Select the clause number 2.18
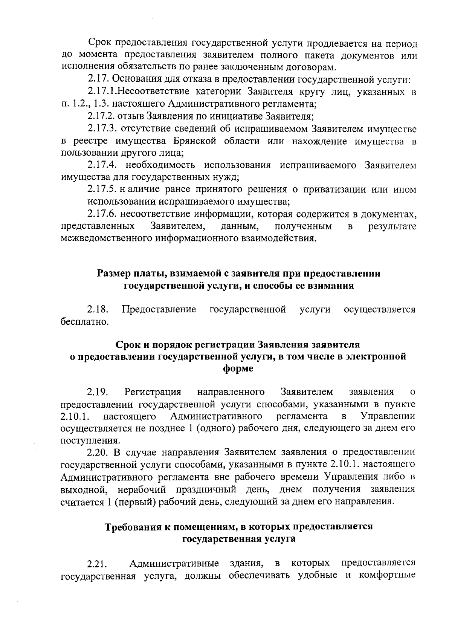click(x=98, y=310)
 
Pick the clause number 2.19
click(x=98, y=392)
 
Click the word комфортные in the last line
click(x=388, y=576)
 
